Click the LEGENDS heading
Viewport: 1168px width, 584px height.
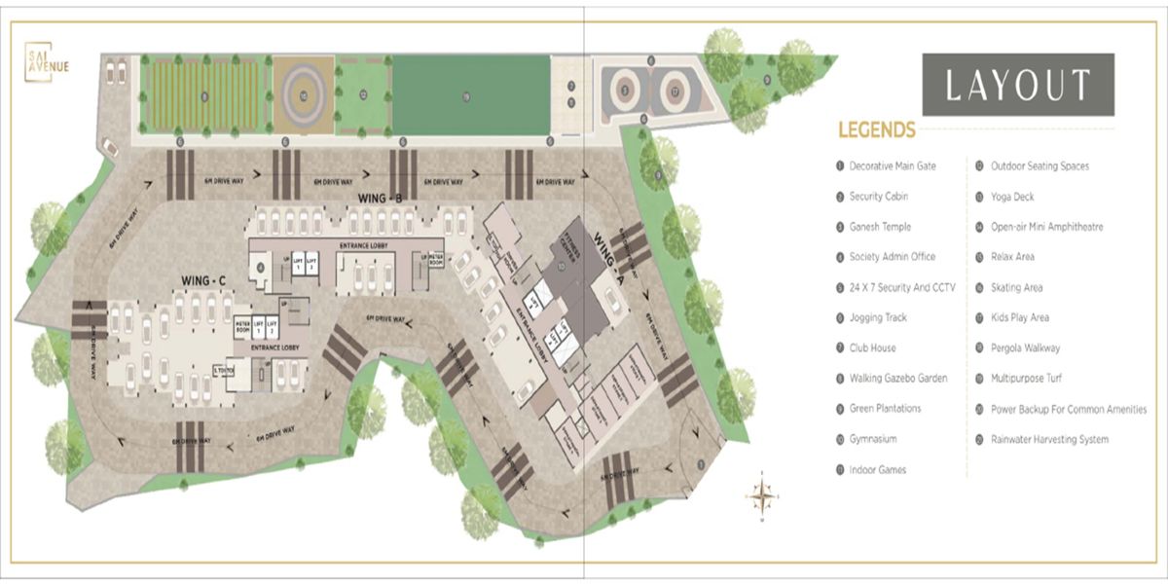tap(877, 130)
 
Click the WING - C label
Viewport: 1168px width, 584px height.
tap(203, 280)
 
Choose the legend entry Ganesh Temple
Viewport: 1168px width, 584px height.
tap(880, 227)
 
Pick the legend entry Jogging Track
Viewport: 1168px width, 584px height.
tap(878, 317)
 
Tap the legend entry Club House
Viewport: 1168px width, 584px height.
tap(872, 347)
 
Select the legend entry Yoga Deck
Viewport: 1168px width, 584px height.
tap(1011, 197)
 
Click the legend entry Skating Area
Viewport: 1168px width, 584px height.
tap(1016, 287)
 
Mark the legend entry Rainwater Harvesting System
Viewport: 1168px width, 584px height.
tap(1049, 439)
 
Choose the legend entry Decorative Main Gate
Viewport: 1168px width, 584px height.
tap(892, 166)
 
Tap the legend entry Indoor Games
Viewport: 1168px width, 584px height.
tap(877, 469)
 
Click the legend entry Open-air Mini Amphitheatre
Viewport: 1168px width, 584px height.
tap(1046, 227)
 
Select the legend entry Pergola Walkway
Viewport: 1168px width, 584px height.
tap(1025, 347)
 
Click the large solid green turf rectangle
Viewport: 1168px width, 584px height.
tap(470, 94)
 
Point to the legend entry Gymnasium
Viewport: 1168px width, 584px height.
tap(872, 439)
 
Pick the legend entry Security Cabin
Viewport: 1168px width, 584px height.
tap(878, 197)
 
